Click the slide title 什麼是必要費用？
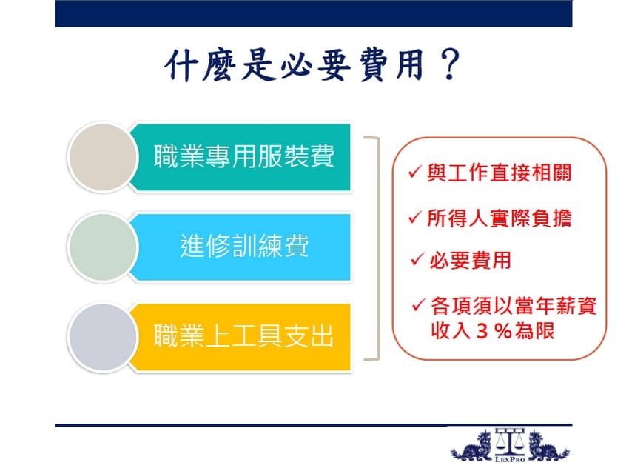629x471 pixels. (312, 66)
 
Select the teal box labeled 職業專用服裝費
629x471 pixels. (240, 157)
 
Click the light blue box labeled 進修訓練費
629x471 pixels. (240, 247)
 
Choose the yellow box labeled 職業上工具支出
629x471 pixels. (240, 337)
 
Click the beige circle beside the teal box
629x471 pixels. (103, 157)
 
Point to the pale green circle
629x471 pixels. (103, 247)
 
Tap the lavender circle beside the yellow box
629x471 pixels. (103, 337)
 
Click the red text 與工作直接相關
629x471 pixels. (499, 173)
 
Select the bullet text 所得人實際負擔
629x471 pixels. (499, 218)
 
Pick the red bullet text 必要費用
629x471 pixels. (470, 260)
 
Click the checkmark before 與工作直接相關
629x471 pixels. (415, 172)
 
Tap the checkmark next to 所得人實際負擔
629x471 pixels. (415, 217)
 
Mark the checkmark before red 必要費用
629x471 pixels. (417, 259)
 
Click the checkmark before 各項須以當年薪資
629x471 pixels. (418, 304)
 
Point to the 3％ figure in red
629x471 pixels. (494, 331)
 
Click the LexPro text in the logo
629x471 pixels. (510, 459)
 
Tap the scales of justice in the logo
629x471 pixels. (509, 441)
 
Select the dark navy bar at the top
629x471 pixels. (313, 13)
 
